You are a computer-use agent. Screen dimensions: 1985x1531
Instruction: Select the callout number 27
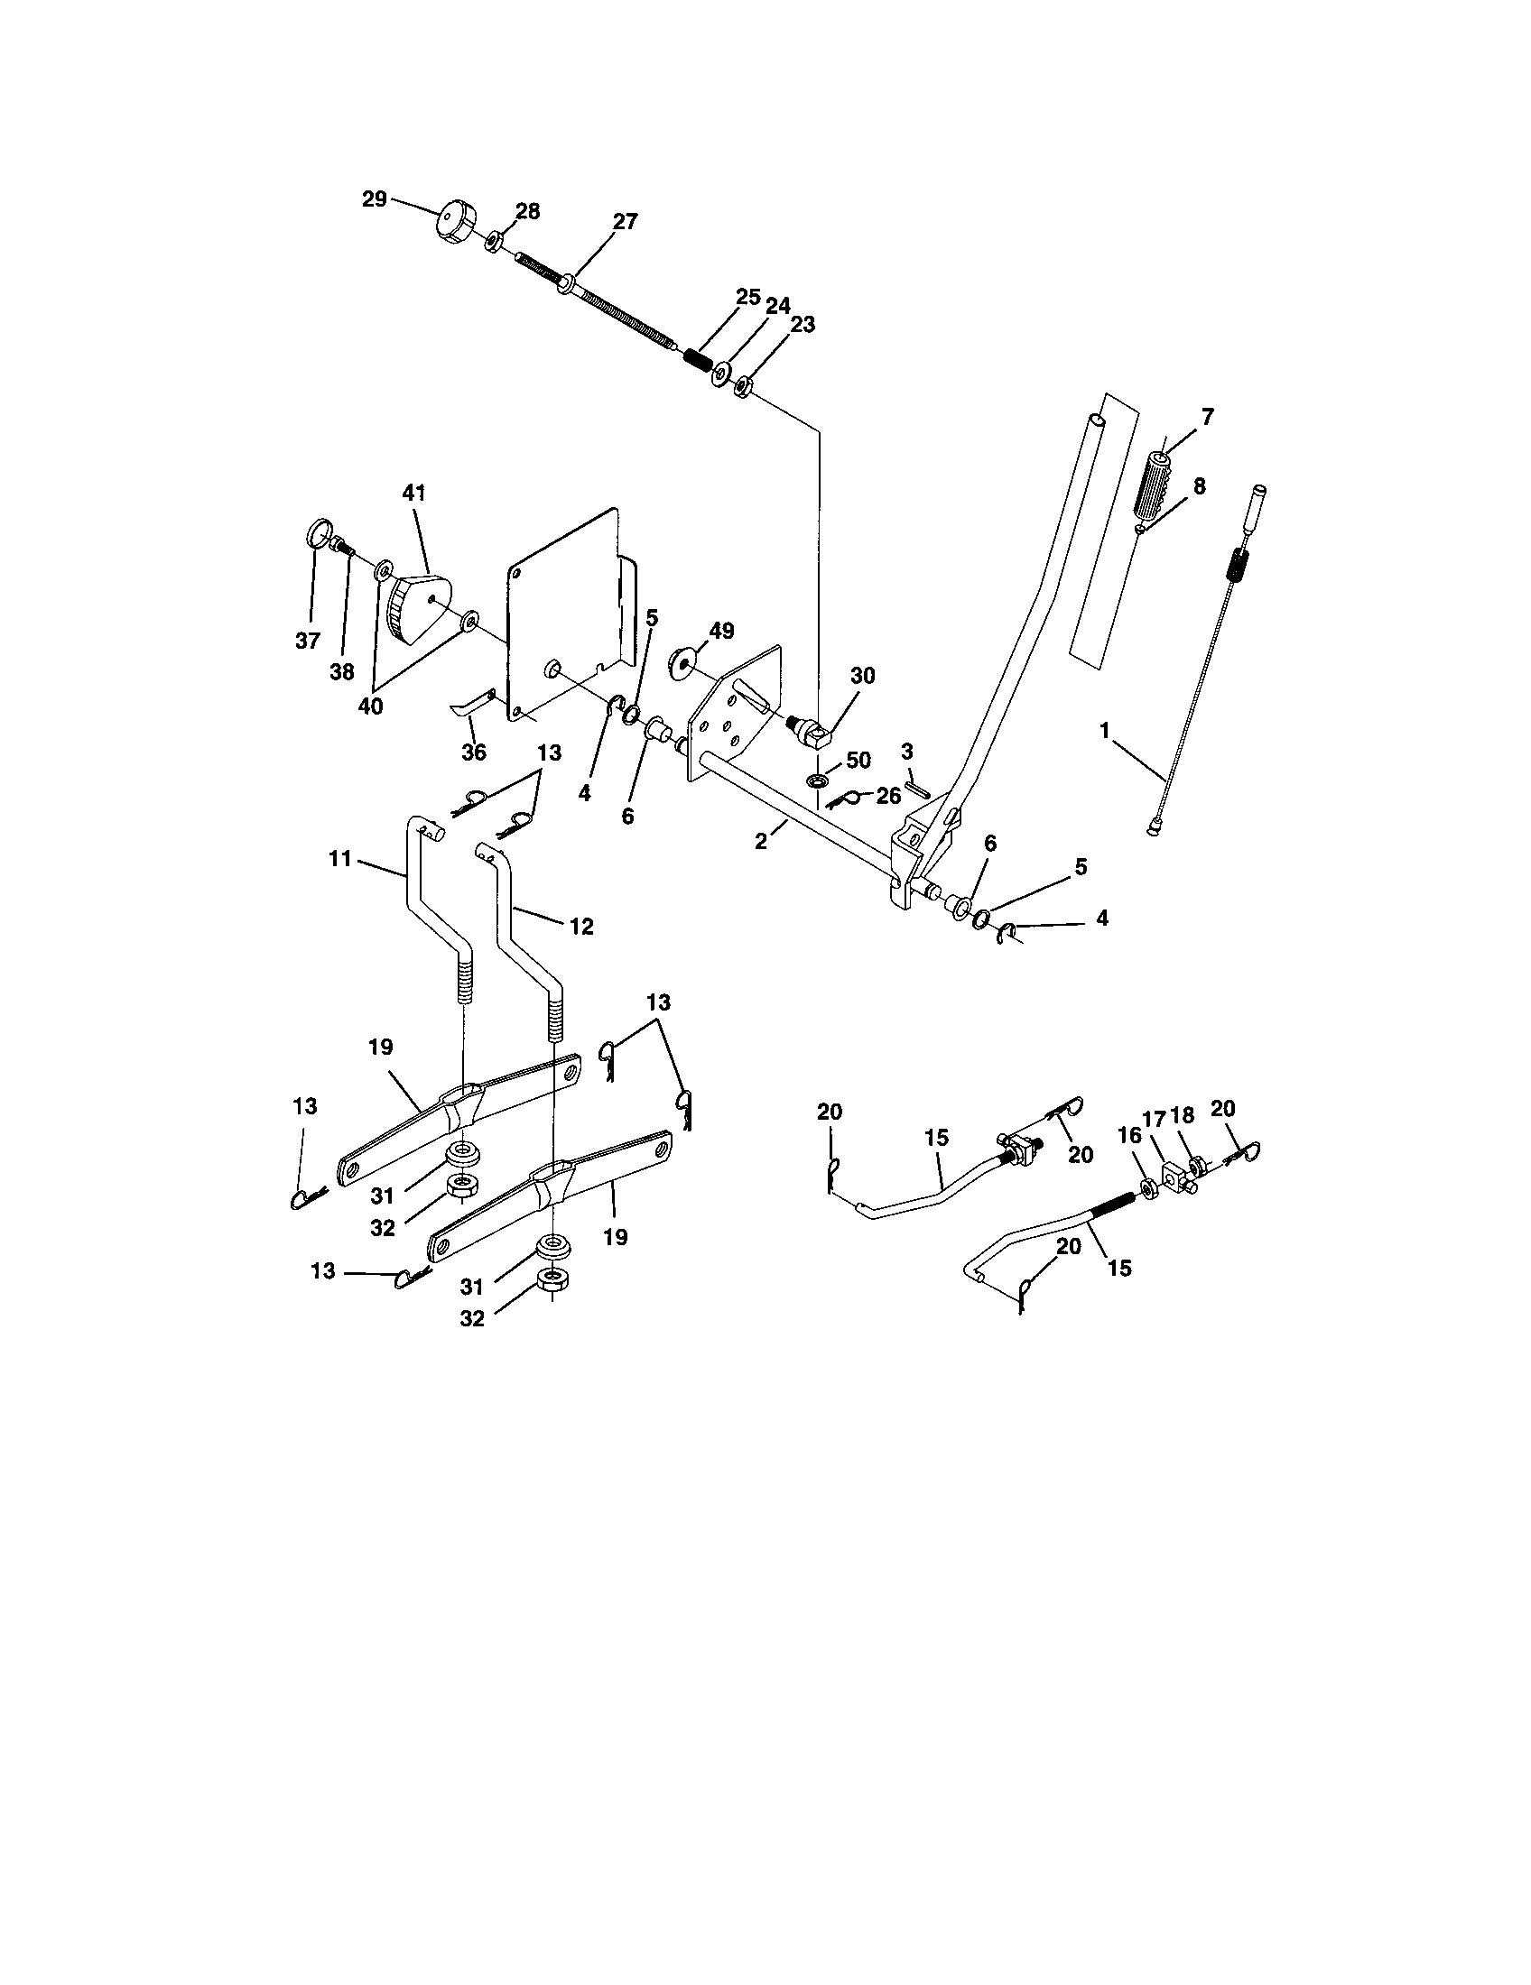[x=626, y=222]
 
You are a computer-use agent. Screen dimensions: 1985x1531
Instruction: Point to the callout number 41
[x=413, y=494]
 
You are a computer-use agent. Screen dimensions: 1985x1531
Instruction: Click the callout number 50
[x=858, y=761]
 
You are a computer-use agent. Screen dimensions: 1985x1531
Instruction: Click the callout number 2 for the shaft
[x=761, y=842]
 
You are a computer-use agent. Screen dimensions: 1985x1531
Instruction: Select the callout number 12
[x=581, y=926]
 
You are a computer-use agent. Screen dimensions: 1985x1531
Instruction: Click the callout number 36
[x=474, y=752]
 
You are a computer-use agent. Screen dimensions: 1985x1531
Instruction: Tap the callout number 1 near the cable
[x=1105, y=730]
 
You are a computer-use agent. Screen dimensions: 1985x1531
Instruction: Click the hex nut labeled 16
[x=1147, y=1186]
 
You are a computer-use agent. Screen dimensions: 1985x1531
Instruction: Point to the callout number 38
[x=342, y=671]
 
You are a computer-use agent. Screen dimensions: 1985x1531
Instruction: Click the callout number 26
[x=888, y=795]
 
